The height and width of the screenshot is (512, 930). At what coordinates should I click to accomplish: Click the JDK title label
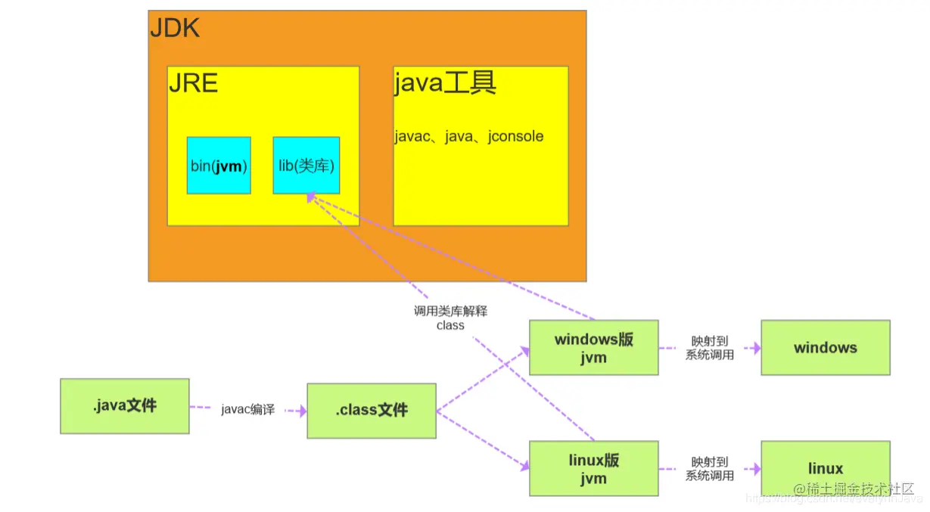pos(175,29)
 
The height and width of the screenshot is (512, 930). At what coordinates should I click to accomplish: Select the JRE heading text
pos(194,82)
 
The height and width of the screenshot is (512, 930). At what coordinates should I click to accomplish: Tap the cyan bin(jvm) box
pos(219,166)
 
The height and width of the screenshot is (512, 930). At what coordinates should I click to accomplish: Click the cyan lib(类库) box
pos(306,166)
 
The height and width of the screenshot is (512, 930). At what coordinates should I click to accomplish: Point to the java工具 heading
pos(445,83)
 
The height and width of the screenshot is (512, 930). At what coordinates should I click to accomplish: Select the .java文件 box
pos(125,406)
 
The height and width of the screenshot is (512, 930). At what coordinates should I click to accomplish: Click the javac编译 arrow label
pos(247,410)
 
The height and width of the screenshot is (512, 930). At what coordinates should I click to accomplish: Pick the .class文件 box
pos(372,411)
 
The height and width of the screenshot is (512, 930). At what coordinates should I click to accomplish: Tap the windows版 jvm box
pos(593,348)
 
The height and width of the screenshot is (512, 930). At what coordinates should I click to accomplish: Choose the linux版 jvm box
pos(593,469)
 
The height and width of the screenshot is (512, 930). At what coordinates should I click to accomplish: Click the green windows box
pos(825,348)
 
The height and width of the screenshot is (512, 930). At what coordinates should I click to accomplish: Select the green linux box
pos(825,469)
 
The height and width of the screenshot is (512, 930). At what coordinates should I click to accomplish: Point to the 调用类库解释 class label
pos(450,318)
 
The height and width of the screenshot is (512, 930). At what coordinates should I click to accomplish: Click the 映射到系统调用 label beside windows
pos(710,348)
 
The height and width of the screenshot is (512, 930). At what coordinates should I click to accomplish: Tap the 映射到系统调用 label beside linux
pos(710,469)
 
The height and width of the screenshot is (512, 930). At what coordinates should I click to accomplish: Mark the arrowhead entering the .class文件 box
pos(303,411)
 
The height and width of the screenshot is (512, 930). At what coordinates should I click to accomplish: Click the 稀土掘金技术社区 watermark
pos(854,489)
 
